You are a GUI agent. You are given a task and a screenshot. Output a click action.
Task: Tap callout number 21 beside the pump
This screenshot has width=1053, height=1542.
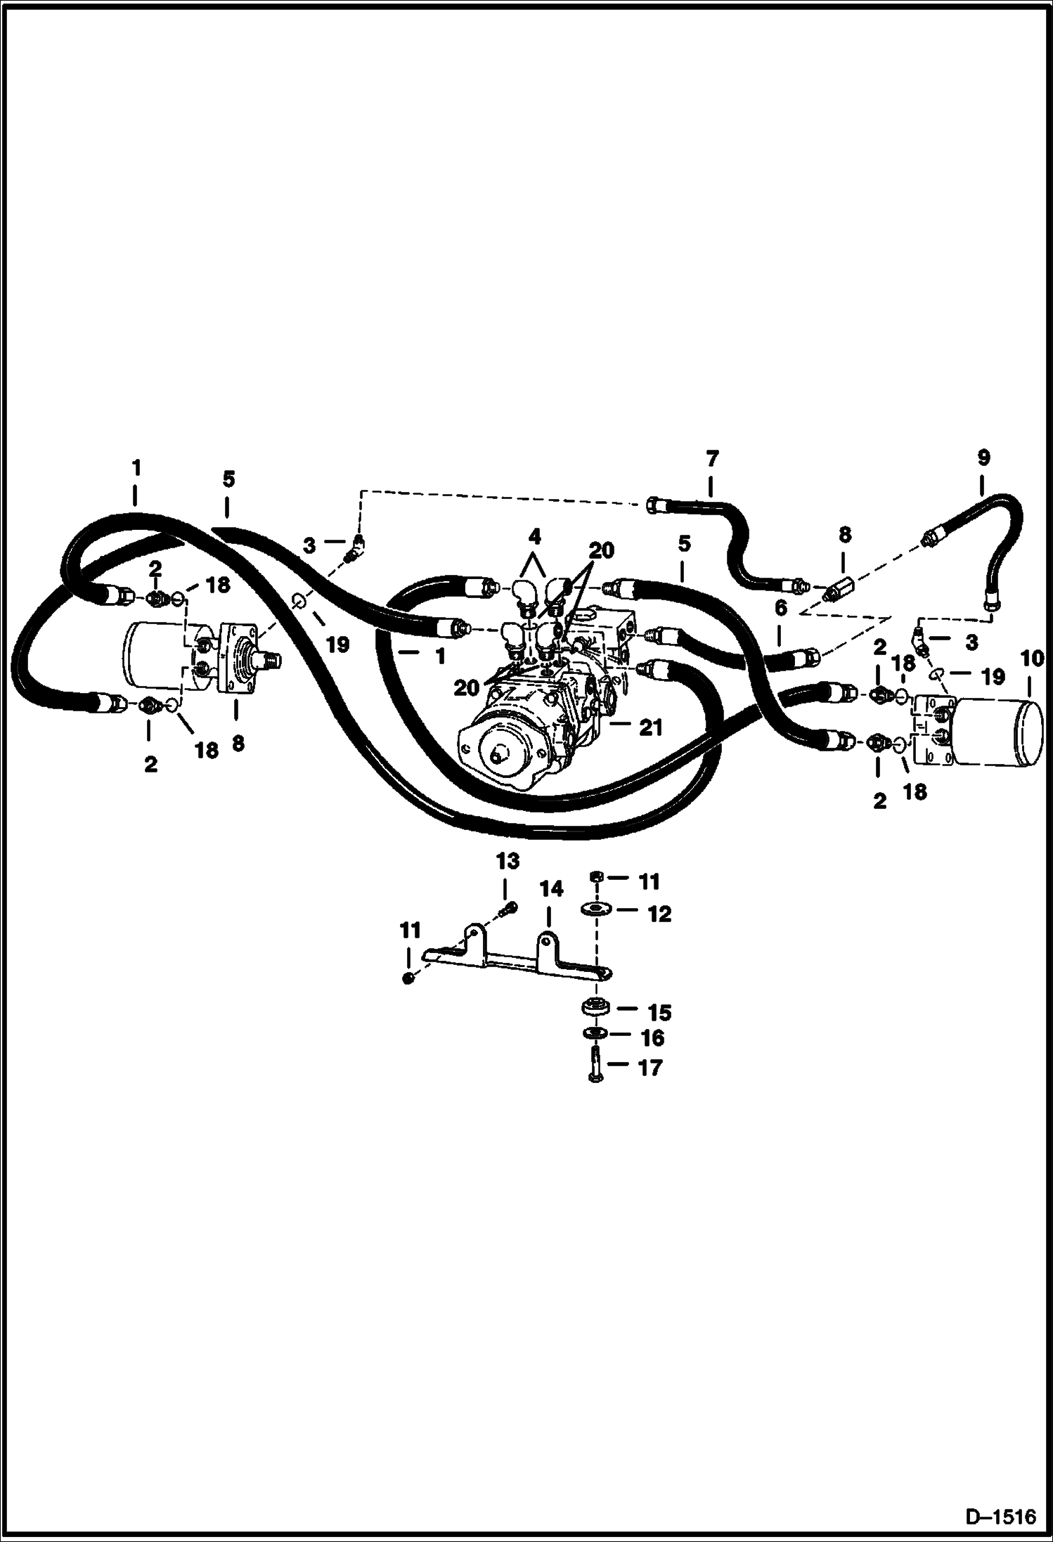click(651, 727)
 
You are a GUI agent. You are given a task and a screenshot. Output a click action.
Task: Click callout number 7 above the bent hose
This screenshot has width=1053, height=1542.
click(711, 459)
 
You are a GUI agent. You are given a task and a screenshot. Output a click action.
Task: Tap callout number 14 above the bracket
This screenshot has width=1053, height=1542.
click(551, 889)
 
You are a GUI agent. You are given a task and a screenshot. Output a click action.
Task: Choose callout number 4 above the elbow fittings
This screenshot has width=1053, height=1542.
click(535, 538)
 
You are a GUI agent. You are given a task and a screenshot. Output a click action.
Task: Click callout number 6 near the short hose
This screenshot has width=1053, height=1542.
click(780, 607)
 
